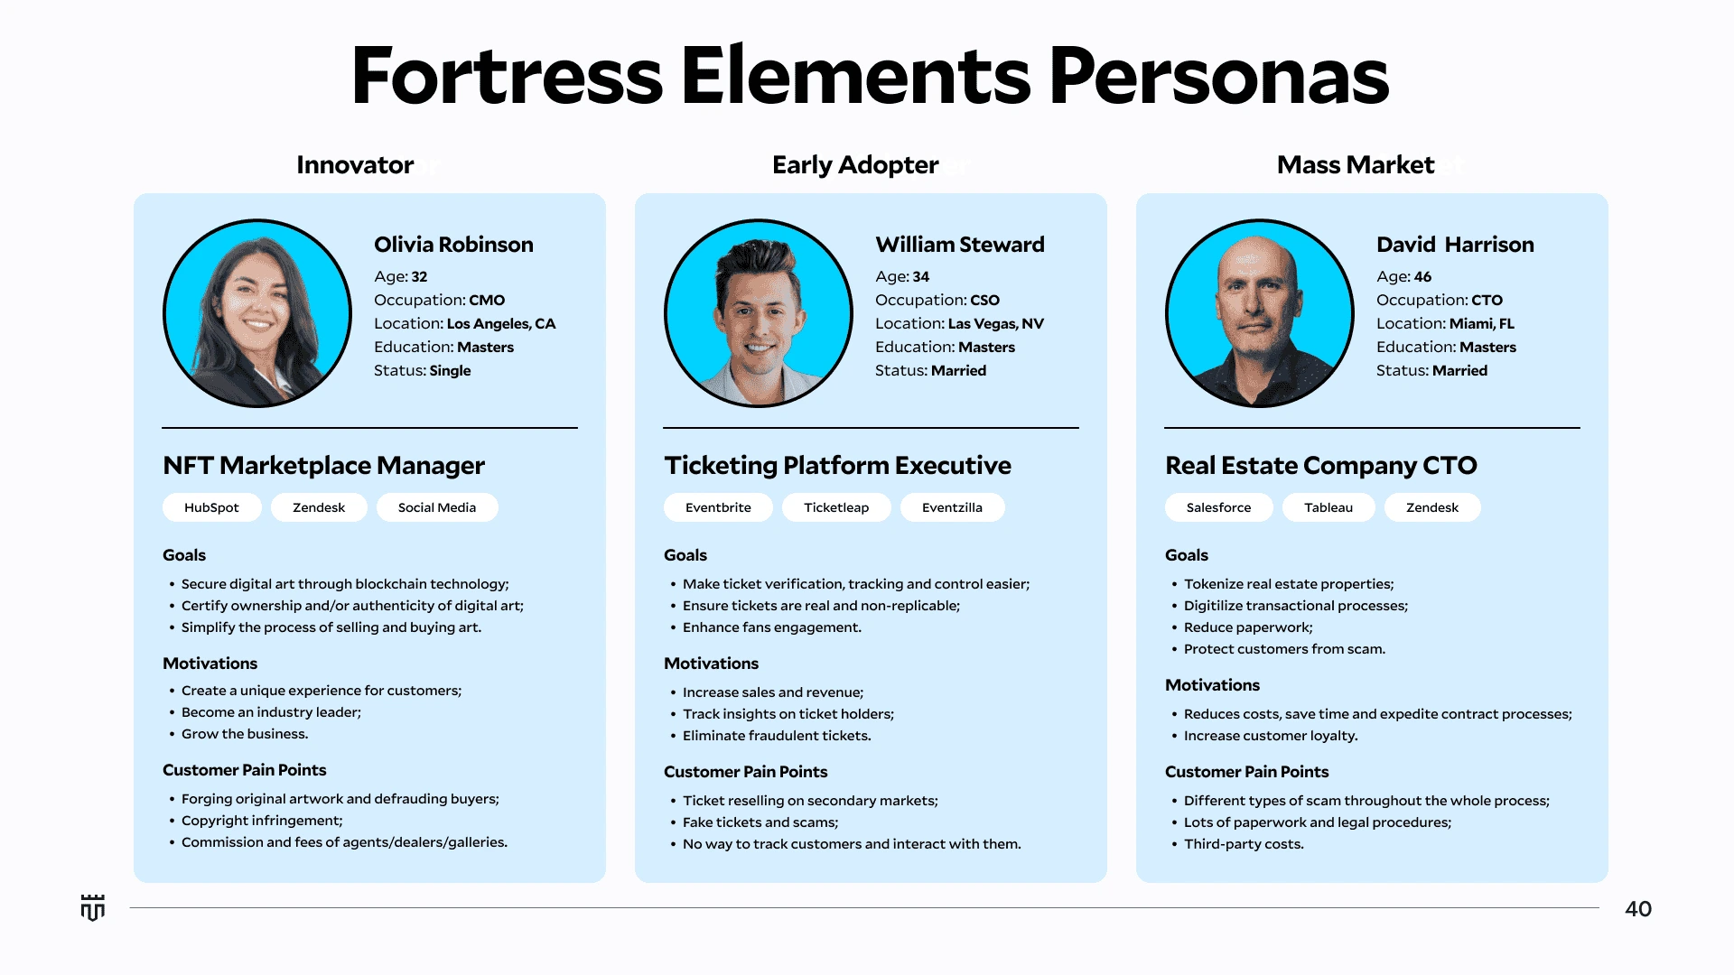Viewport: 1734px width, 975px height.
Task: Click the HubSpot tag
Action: point(211,507)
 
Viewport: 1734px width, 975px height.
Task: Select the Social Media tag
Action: point(437,507)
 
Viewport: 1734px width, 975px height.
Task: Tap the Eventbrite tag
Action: point(718,507)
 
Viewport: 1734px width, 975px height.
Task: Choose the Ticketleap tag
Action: point(836,507)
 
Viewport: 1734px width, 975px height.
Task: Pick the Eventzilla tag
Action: point(952,507)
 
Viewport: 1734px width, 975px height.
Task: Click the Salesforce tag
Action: point(1218,507)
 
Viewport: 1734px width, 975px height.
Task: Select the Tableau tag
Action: point(1328,507)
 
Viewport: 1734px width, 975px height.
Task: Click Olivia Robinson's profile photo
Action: point(257,313)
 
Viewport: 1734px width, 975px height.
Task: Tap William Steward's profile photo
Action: point(759,313)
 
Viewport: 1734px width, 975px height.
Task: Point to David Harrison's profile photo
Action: point(1260,313)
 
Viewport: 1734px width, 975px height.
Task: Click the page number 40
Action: point(1638,909)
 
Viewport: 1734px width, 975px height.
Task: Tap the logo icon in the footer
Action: point(93,907)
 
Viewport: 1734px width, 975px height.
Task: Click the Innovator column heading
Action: point(355,165)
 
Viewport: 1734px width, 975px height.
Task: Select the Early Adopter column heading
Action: point(855,165)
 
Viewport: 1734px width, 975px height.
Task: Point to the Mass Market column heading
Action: point(1356,165)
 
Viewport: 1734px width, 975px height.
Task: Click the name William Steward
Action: point(960,245)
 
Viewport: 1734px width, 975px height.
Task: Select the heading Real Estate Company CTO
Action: point(1321,466)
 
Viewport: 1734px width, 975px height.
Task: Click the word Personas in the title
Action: point(1219,76)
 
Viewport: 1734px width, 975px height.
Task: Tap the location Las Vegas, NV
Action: point(996,324)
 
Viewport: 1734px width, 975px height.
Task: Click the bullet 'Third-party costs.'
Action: point(1244,844)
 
